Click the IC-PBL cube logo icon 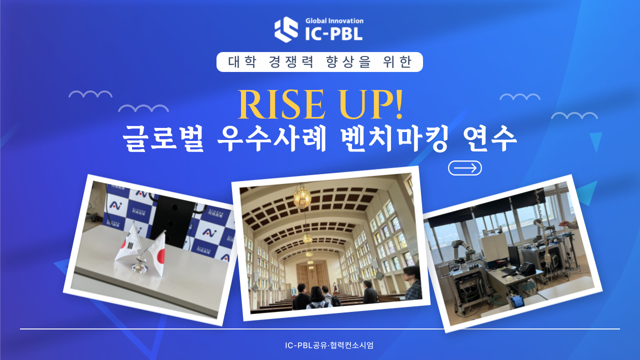[286, 29]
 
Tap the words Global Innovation [334, 21]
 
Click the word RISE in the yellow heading [281, 104]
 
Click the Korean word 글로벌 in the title [163, 138]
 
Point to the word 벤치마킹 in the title [394, 138]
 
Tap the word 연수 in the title [489, 138]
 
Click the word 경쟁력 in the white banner [291, 62]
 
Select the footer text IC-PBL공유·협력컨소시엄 [329, 345]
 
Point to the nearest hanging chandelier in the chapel [302, 197]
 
